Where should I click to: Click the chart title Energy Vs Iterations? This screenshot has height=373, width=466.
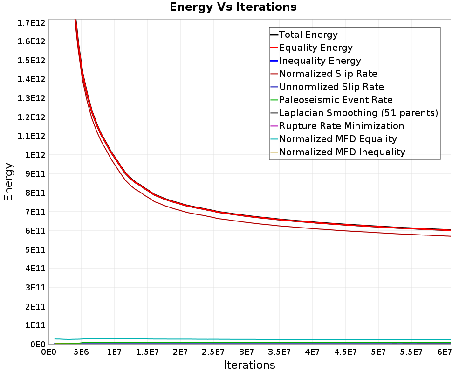tap(233, 7)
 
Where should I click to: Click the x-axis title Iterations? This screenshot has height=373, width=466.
tap(249, 365)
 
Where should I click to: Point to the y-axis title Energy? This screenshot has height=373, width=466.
tap(8, 182)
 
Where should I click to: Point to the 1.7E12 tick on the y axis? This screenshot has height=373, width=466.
tap(31, 22)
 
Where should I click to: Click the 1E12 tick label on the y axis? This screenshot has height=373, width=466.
tap(35, 155)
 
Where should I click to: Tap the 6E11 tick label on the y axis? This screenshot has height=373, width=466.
tap(35, 231)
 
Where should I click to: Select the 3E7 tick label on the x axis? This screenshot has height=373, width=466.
tap(247, 352)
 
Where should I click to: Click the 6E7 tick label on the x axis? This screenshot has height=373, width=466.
tap(444, 352)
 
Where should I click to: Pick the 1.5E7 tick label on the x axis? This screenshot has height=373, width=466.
tap(147, 352)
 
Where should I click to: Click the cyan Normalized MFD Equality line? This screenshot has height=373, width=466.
tap(253, 339)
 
